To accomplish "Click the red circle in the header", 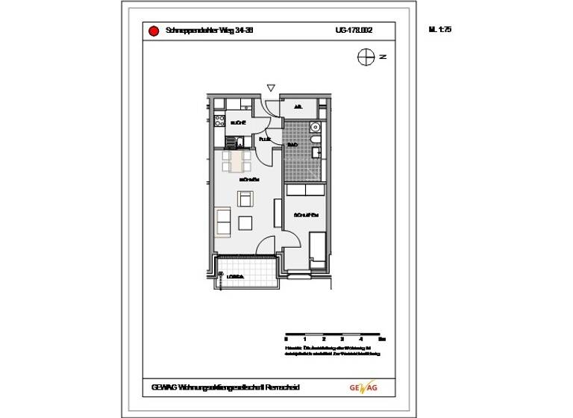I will pyautogui.click(x=153, y=31).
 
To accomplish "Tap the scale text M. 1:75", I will pyautogui.click(x=441, y=31).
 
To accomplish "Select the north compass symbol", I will pyautogui.click(x=365, y=56).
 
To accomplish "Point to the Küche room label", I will pyautogui.click(x=238, y=122).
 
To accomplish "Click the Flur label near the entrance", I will pyautogui.click(x=264, y=140).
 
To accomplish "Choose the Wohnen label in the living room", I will pyautogui.click(x=248, y=181).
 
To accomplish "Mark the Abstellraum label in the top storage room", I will pyautogui.click(x=298, y=107).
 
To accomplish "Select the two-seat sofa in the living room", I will pyautogui.click(x=223, y=221).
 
